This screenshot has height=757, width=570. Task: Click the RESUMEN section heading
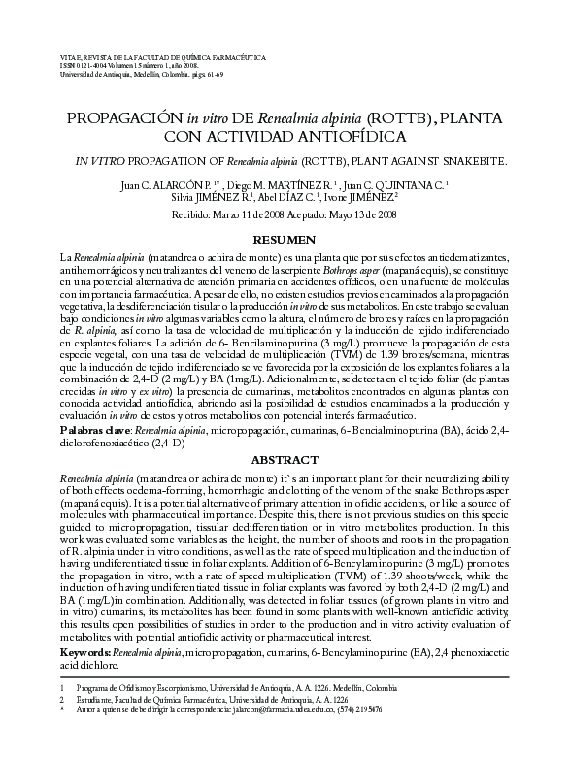(285, 239)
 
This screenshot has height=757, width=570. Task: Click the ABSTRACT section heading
(285, 459)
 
